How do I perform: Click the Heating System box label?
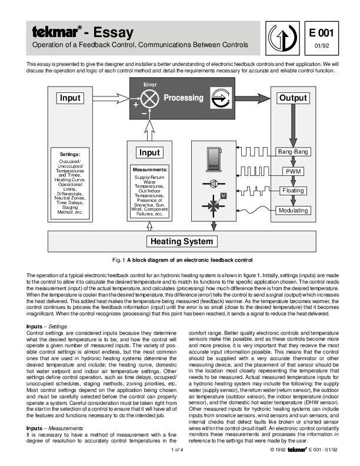180,241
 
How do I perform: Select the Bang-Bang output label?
293,152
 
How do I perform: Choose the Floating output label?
293,191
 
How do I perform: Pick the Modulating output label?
293,210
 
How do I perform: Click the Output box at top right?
293,98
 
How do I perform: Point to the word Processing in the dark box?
183,98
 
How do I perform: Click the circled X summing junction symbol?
151,99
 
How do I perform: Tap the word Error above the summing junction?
150,85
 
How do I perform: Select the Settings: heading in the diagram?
70,154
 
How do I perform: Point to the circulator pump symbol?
212,183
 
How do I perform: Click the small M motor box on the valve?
223,195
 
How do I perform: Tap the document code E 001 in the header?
322,33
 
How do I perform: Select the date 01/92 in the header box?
322,45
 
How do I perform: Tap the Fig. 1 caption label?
119,259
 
